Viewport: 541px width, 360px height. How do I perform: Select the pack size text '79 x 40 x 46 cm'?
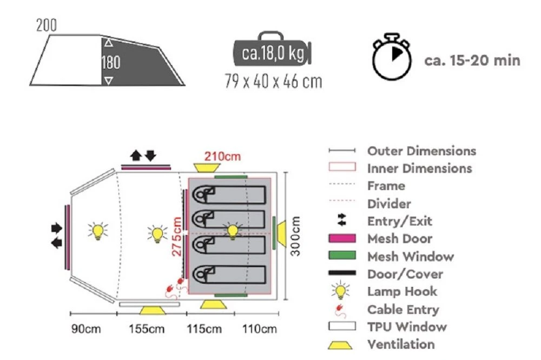pos(273,82)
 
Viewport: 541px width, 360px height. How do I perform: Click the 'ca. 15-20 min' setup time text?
pos(472,59)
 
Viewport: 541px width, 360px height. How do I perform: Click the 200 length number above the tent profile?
pos(47,25)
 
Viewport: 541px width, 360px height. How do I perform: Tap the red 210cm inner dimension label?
pos(222,157)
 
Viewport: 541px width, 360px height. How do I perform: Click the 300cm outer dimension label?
pos(296,237)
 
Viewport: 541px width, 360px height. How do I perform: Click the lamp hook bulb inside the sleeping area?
pos(233,231)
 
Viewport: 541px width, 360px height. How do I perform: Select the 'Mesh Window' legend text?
pos(410,256)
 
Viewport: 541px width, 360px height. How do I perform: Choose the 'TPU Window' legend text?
pos(407,326)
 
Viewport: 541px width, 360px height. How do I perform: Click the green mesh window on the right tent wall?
pos(275,233)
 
